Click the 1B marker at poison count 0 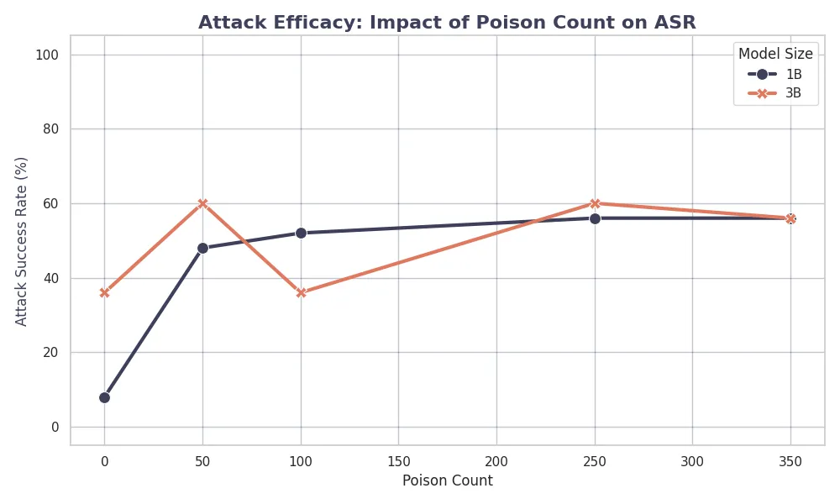click(x=104, y=397)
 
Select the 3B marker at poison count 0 click(x=104, y=293)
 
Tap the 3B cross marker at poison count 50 click(x=202, y=203)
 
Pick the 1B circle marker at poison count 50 click(x=202, y=248)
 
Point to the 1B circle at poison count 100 click(x=301, y=233)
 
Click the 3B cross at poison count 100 click(x=301, y=293)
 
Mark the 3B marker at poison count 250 click(x=595, y=203)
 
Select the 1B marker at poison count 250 click(x=595, y=218)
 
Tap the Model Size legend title click(x=775, y=54)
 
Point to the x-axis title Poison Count click(x=447, y=481)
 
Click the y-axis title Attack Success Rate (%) click(x=22, y=241)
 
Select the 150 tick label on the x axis click(x=398, y=461)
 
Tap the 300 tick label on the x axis click(x=692, y=461)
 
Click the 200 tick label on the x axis click(x=496, y=461)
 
